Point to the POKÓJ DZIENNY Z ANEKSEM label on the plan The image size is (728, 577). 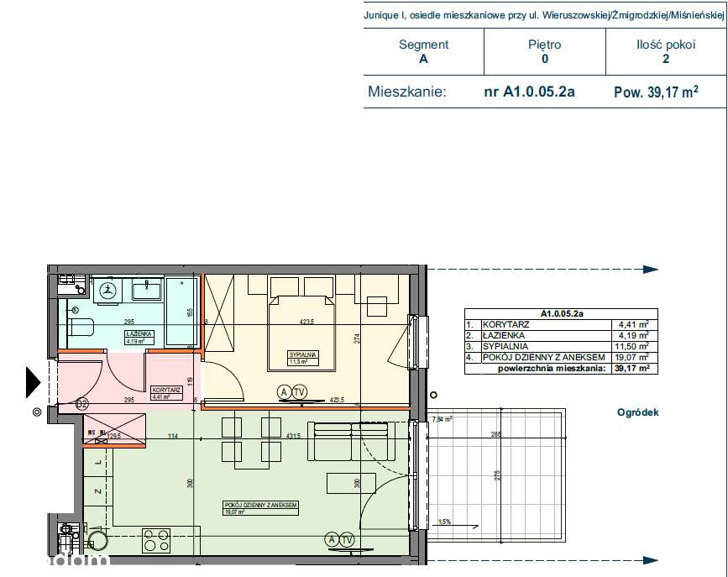pyautogui.click(x=261, y=506)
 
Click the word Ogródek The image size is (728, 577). pyautogui.click(x=638, y=412)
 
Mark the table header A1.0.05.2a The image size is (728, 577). pyautogui.click(x=562, y=312)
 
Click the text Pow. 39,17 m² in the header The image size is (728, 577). pyautogui.click(x=656, y=93)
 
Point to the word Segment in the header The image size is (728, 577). pyautogui.click(x=423, y=45)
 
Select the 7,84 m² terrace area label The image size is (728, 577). pyautogui.click(x=442, y=419)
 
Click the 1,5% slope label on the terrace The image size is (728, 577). pyautogui.click(x=444, y=522)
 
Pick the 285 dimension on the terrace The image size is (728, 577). pyautogui.click(x=495, y=435)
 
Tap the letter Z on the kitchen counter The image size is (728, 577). pyautogui.click(x=97, y=492)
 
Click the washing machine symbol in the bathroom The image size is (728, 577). pyautogui.click(x=107, y=289)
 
